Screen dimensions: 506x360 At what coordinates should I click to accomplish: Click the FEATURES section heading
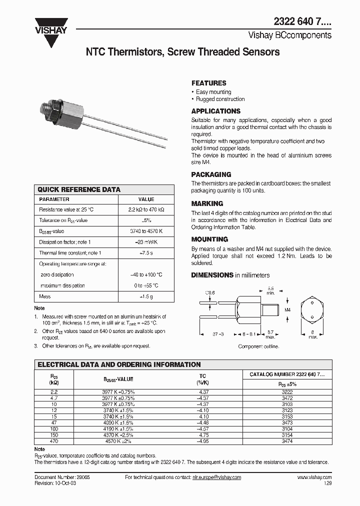click(208, 83)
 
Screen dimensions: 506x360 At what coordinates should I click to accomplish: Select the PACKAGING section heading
click(211, 174)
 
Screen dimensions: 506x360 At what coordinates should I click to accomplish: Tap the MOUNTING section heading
click(209, 239)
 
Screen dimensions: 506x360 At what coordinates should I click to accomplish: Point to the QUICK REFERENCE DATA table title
click(79, 189)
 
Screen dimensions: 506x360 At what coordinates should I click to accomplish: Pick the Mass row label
click(44, 296)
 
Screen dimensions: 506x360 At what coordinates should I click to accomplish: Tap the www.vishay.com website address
click(314, 477)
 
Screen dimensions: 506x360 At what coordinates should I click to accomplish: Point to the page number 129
click(327, 483)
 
